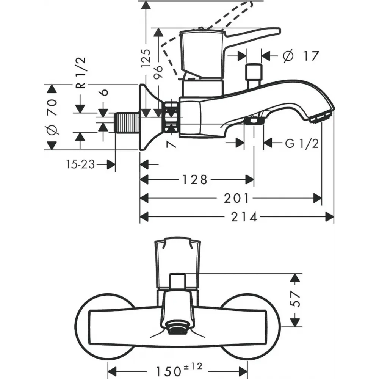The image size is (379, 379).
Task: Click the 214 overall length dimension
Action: pyautogui.click(x=244, y=217)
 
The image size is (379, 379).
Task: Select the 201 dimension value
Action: pyautogui.click(x=236, y=199)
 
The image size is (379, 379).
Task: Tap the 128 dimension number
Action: pyautogui.click(x=194, y=180)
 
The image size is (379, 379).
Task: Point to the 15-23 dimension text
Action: pyautogui.click(x=80, y=164)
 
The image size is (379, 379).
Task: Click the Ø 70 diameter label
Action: pyautogui.click(x=52, y=116)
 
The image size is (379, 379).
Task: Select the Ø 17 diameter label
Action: pyautogui.click(x=301, y=56)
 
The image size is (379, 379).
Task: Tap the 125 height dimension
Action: pyautogui.click(x=146, y=58)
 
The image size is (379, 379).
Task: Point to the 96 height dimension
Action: pyautogui.click(x=158, y=72)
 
